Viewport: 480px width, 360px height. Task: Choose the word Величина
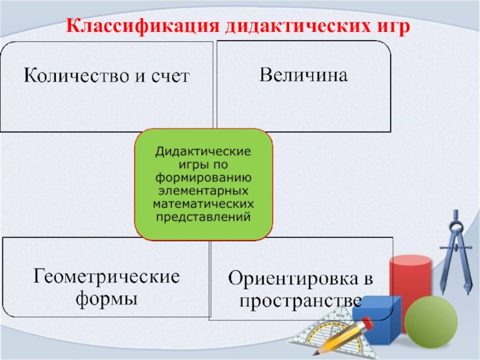coord(304,76)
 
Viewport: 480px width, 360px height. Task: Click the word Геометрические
coord(106,277)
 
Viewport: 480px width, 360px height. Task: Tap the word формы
coord(106,298)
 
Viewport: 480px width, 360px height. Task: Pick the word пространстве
coord(300,299)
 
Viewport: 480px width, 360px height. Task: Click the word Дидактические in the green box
coord(203,151)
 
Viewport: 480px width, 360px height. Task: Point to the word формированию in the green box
coord(203,178)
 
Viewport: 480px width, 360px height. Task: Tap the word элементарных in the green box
coord(203,191)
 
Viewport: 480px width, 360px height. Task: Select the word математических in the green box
coord(203,204)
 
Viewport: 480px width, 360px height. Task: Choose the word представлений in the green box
coord(203,217)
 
